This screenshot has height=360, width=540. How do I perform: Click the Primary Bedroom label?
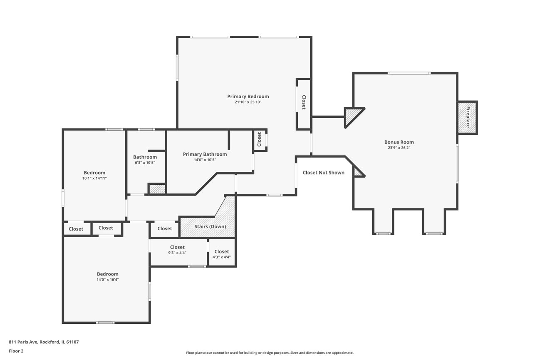248,97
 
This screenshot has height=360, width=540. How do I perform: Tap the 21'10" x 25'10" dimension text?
248,102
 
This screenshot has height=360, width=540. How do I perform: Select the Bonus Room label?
399,142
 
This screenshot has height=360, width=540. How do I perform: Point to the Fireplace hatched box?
468,118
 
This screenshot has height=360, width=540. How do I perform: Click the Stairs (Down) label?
210,226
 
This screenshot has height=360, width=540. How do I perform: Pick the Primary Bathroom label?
205,154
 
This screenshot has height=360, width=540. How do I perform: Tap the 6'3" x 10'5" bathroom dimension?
145,162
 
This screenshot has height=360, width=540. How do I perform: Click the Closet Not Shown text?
324,173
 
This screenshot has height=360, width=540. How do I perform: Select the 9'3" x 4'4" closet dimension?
177,253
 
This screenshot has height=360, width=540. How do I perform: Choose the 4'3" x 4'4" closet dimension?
222,257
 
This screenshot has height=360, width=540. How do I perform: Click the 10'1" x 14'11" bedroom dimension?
94,179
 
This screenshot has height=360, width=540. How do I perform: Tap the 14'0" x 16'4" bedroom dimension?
108,280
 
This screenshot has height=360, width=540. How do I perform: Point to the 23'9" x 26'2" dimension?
399,148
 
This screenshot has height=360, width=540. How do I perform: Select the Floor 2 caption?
16,351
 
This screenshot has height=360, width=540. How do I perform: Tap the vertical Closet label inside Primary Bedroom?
304,102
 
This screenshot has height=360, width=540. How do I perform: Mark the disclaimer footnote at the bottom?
270,353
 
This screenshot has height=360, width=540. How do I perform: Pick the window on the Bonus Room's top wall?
409,73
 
